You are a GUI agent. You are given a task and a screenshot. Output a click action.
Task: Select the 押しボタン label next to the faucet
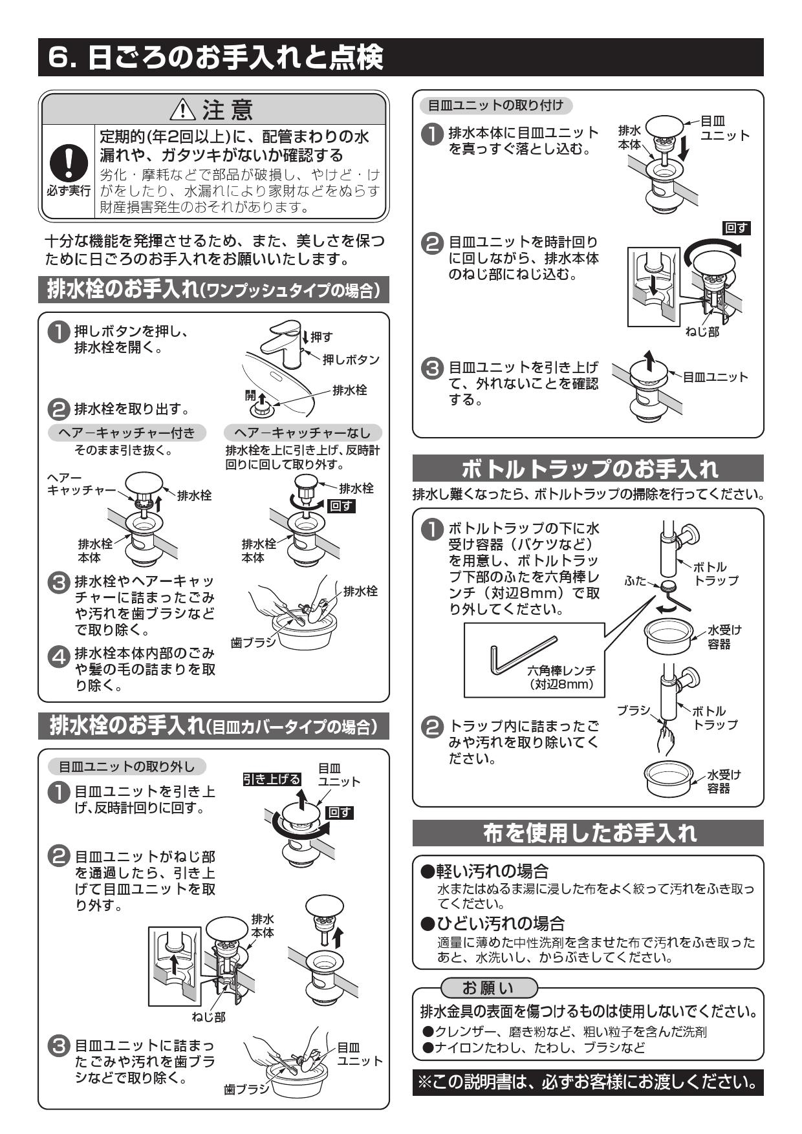351,359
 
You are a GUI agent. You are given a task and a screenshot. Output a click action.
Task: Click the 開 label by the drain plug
250,396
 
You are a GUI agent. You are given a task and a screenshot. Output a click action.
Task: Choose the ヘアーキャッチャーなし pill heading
302,433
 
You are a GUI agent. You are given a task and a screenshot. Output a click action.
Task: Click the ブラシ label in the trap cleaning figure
633,710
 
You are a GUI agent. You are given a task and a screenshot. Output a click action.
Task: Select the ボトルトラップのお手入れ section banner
588,468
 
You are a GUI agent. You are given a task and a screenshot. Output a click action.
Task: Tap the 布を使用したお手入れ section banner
588,833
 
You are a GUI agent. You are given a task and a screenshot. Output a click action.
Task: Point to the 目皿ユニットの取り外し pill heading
126,767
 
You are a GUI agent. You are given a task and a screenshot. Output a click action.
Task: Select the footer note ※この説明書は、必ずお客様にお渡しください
587,1082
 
